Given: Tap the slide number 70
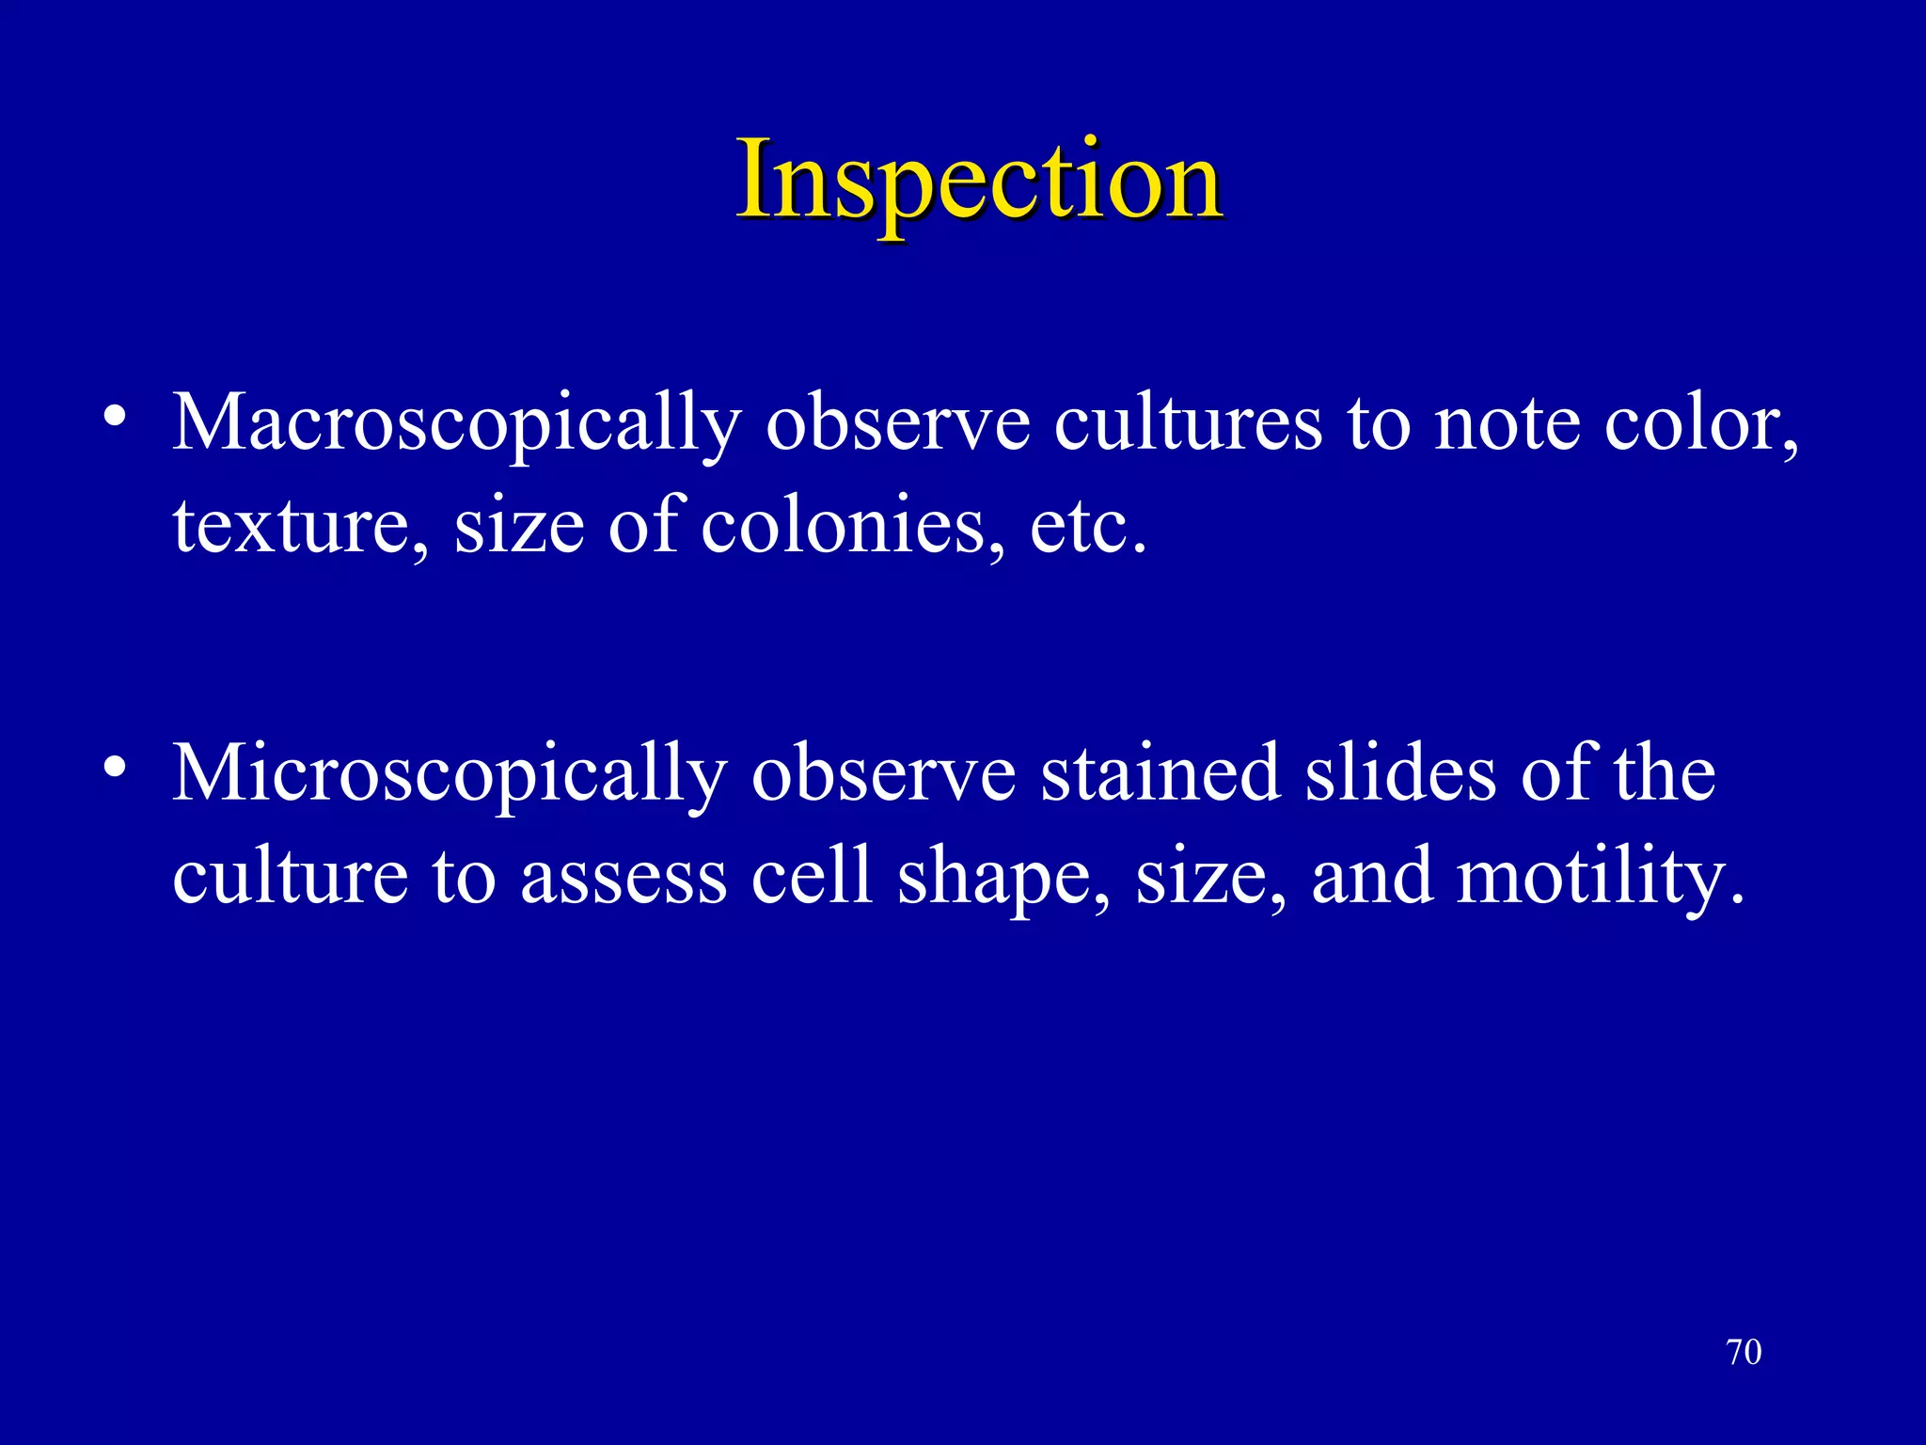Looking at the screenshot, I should tap(1744, 1353).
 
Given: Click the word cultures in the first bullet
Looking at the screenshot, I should tap(1188, 423).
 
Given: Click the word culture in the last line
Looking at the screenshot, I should tap(290, 877).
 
